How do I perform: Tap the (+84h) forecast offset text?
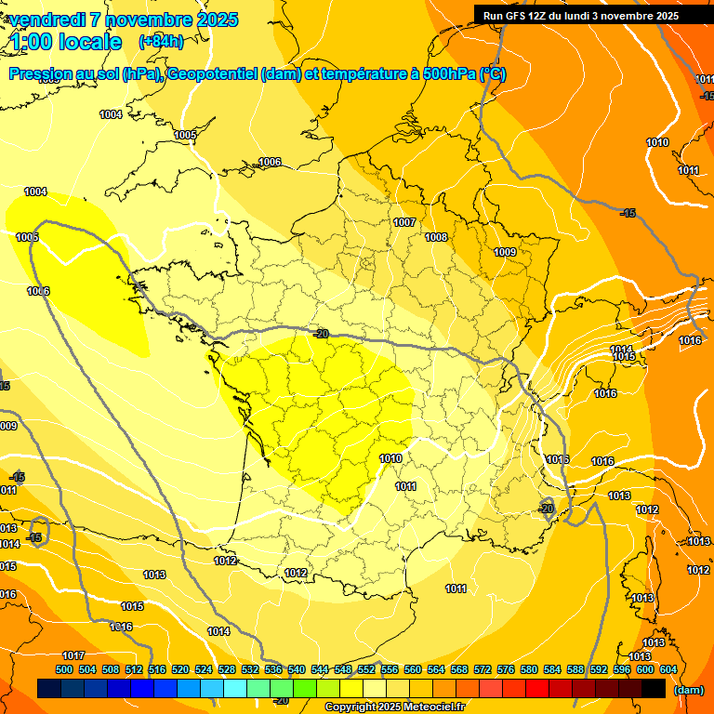(161, 41)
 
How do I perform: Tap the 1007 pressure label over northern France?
(404, 222)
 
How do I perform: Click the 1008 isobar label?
(437, 237)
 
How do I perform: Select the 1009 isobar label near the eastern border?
(505, 252)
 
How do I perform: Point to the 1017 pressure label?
(73, 655)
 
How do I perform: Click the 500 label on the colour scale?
(64, 669)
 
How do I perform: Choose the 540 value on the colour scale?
(297, 669)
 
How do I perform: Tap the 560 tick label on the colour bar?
(413, 669)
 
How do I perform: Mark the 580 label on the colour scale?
(529, 669)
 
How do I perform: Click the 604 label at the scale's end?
(668, 669)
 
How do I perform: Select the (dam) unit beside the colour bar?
(688, 689)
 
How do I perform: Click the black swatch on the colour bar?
(654, 689)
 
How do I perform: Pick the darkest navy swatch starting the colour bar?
(49, 689)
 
